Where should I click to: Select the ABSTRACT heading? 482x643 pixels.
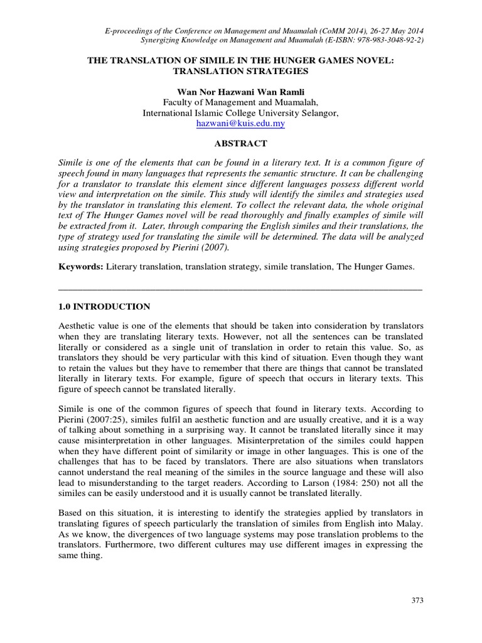point(241,144)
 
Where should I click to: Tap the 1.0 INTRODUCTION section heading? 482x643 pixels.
point(104,307)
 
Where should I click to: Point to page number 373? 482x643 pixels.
point(417,601)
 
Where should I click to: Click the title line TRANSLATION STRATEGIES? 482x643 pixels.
point(241,71)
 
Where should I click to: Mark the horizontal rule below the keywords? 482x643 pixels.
point(241,289)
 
